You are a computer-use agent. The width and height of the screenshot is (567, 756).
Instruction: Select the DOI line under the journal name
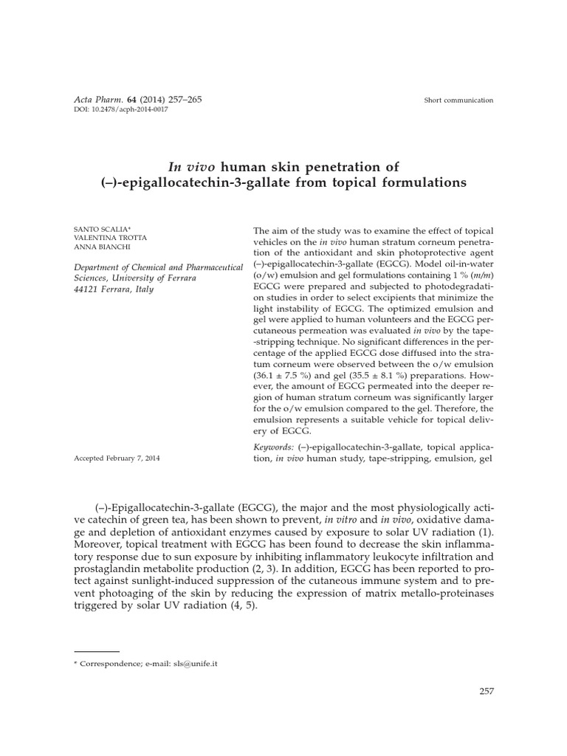pyautogui.click(x=122, y=109)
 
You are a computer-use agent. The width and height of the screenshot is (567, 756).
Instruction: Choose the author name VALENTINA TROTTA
pyautogui.click(x=111, y=239)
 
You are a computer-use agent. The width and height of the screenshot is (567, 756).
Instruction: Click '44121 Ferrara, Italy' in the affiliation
pyautogui.click(x=114, y=289)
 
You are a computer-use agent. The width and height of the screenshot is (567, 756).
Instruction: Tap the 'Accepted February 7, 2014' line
pyautogui.click(x=117, y=458)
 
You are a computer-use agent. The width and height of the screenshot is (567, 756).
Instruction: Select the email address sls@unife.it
pyautogui.click(x=194, y=663)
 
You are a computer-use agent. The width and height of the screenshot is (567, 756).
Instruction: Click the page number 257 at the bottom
pyautogui.click(x=486, y=691)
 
